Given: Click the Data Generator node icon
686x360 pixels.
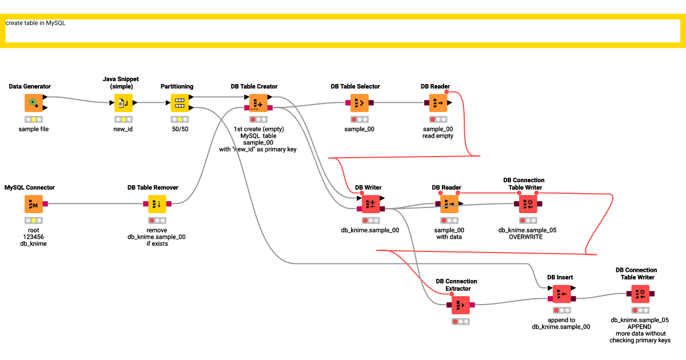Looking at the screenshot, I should (34, 103).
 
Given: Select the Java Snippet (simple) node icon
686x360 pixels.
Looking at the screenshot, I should (123, 103).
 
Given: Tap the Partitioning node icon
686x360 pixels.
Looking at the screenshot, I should (180, 103).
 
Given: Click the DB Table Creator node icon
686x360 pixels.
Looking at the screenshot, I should (258, 103).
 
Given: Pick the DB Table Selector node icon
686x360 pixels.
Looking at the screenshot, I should (359, 103).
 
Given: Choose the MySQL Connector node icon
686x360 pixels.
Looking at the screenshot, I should (34, 203).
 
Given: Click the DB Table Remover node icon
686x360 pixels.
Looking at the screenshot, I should (157, 203).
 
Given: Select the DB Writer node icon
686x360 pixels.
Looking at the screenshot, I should (370, 203).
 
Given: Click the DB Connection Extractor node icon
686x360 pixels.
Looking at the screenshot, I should (460, 305).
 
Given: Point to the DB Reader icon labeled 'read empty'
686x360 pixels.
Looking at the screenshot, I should (438, 103).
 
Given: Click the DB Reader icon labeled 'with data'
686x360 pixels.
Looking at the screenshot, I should (449, 203).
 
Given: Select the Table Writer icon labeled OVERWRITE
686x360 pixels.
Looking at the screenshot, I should (528, 203).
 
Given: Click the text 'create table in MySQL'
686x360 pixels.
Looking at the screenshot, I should (35, 23).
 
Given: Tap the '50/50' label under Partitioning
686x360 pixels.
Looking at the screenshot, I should (180, 129).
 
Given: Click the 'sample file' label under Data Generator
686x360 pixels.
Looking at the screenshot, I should (34, 129).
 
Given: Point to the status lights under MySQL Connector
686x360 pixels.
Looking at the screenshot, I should (34, 220).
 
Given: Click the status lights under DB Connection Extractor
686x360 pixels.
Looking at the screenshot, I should (460, 322).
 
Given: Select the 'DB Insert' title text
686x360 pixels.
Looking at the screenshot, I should (560, 277).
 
